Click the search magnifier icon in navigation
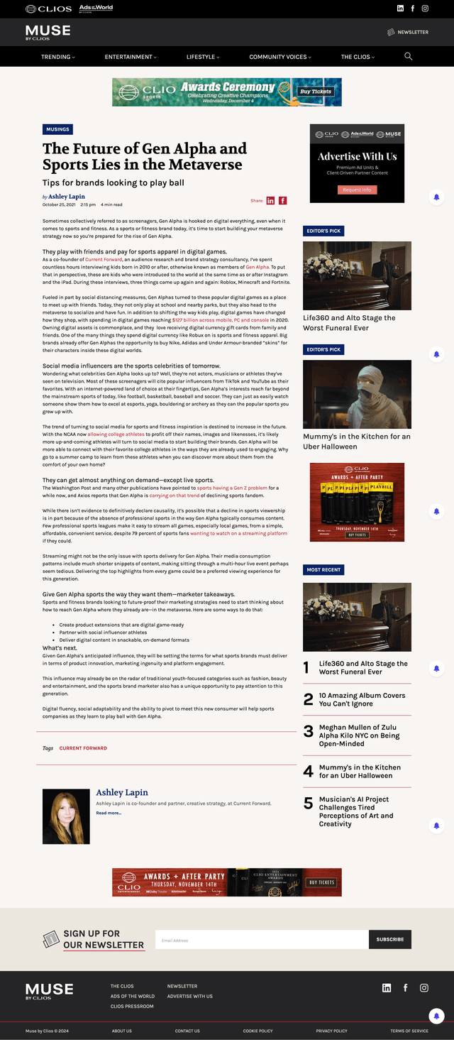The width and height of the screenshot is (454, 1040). [x=408, y=56]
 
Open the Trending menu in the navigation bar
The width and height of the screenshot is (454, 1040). [x=57, y=57]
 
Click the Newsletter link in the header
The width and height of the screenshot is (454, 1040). [x=408, y=32]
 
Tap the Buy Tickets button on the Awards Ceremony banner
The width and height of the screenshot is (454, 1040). [x=316, y=92]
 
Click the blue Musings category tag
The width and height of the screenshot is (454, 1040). [x=57, y=130]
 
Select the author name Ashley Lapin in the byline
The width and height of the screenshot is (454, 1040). [x=67, y=197]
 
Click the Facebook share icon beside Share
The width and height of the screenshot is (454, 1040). [x=283, y=201]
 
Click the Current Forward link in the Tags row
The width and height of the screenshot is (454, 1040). [x=83, y=748]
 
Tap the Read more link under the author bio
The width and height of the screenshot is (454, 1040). [x=109, y=813]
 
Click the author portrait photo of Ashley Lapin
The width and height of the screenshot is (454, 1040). [x=66, y=816]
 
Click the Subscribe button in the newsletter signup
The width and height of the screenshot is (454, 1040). [x=389, y=939]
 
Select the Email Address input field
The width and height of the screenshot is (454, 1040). [x=261, y=940]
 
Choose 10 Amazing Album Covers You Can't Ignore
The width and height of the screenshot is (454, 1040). [x=362, y=699]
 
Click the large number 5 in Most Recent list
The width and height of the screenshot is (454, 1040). [x=308, y=804]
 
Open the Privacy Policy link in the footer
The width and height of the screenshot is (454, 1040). [x=331, y=1031]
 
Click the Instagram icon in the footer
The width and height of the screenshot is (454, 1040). [x=424, y=987]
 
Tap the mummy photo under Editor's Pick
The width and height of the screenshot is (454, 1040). [x=357, y=394]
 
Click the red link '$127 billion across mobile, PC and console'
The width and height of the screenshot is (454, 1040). [x=220, y=320]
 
